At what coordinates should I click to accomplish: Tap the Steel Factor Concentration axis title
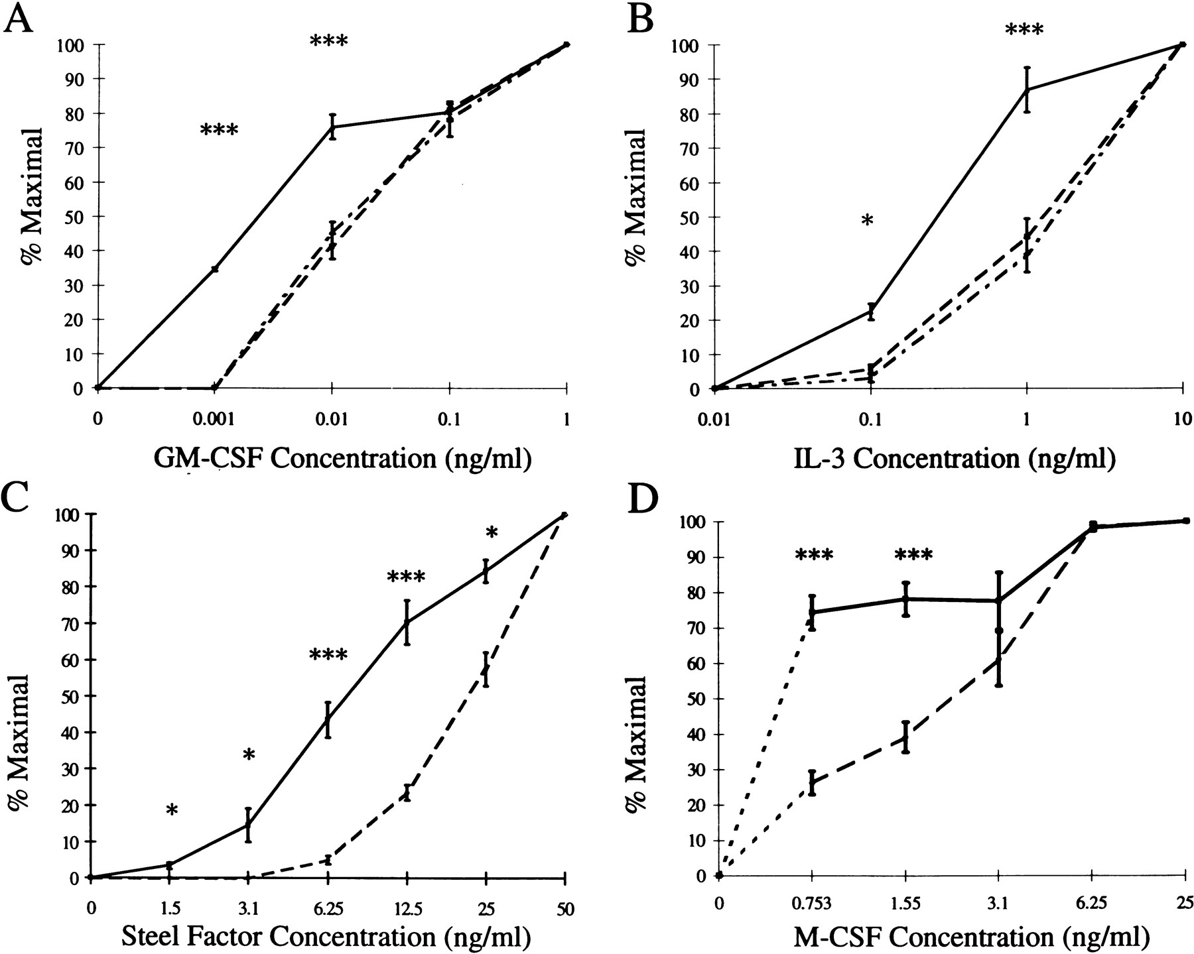tap(325, 936)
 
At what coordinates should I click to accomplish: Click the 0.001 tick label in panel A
tap(214, 420)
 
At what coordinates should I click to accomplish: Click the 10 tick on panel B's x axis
tap(1183, 419)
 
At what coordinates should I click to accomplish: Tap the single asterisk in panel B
tap(867, 220)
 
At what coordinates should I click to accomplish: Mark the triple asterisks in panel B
tap(1024, 30)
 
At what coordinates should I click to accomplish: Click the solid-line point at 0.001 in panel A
tap(214, 268)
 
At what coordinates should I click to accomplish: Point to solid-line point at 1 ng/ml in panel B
tap(1027, 89)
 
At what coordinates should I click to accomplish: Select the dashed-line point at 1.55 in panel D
tap(905, 737)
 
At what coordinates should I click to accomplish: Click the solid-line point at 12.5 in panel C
tap(407, 622)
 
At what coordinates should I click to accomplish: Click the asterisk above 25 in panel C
tap(491, 532)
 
